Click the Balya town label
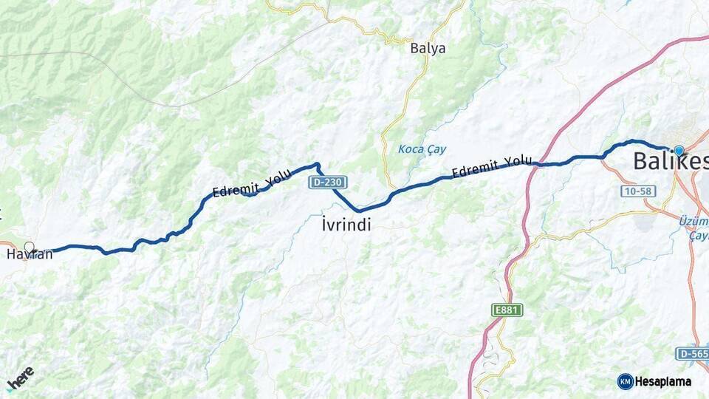pyautogui.click(x=428, y=49)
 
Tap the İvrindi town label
pyautogui.click(x=346, y=224)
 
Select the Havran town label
pyautogui.click(x=30, y=255)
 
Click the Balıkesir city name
pyautogui.click(x=670, y=161)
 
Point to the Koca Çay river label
pyautogui.click(x=422, y=149)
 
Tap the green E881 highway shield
pyautogui.click(x=507, y=310)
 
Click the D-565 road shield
pyautogui.click(x=691, y=354)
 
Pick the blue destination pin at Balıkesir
pyautogui.click(x=679, y=151)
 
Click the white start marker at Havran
pyautogui.click(x=29, y=247)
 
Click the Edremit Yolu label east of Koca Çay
pyautogui.click(x=491, y=167)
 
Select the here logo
pyautogui.click(x=21, y=378)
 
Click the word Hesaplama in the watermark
pyautogui.click(x=663, y=381)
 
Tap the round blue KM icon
pyautogui.click(x=625, y=381)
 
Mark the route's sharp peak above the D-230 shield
pyautogui.click(x=317, y=164)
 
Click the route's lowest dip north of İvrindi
pyautogui.click(x=359, y=211)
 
